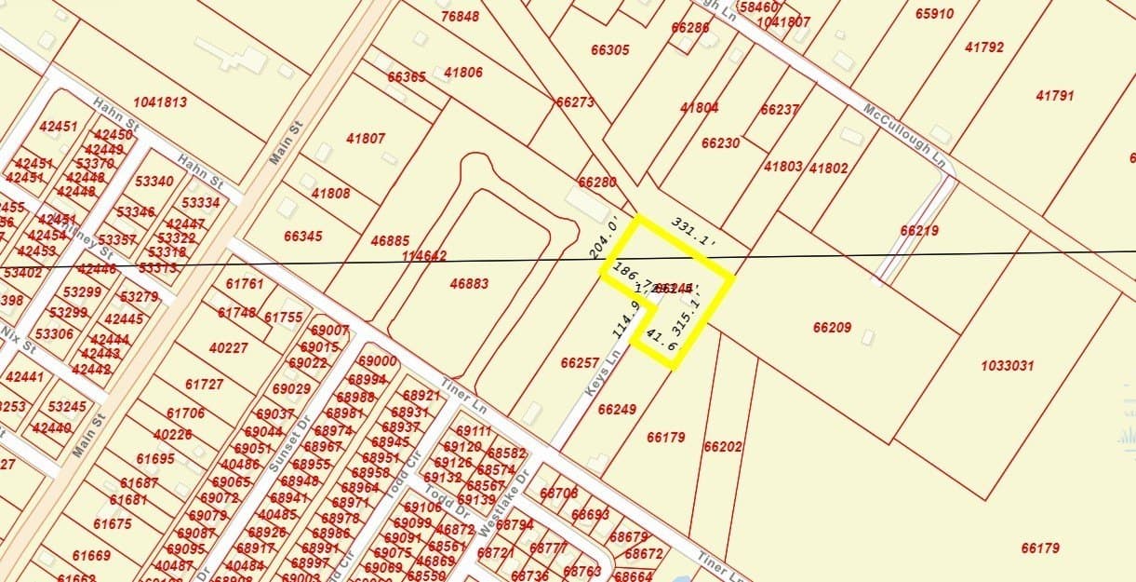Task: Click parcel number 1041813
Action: (x=160, y=102)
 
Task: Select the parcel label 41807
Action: (x=366, y=139)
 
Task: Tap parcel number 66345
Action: (x=303, y=237)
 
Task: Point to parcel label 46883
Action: (x=469, y=283)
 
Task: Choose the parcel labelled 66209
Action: (x=832, y=328)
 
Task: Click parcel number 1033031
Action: (x=1007, y=366)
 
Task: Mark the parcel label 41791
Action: (x=1055, y=95)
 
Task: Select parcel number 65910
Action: (x=934, y=14)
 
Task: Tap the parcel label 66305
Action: (x=609, y=49)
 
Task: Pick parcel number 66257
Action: (x=580, y=362)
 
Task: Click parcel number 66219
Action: (x=919, y=230)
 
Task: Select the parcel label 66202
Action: (x=723, y=447)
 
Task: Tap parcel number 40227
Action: (x=229, y=348)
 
